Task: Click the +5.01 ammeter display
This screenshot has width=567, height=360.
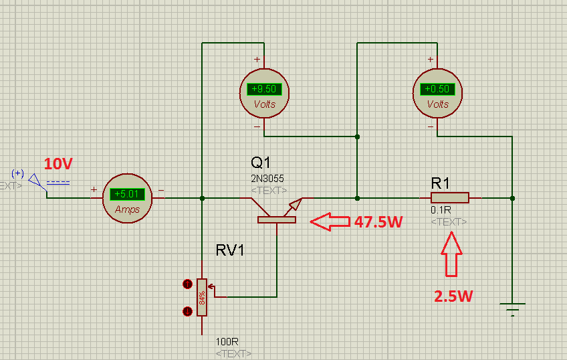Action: click(x=127, y=194)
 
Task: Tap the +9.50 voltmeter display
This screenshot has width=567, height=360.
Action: click(x=264, y=89)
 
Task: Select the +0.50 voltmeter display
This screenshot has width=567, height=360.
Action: click(x=437, y=89)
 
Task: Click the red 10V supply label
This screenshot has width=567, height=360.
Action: click(x=58, y=164)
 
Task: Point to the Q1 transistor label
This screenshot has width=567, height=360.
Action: click(x=261, y=163)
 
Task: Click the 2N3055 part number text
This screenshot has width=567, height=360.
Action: click(x=267, y=179)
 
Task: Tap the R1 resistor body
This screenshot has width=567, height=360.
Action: click(x=450, y=197)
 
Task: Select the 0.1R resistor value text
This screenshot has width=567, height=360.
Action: click(x=441, y=210)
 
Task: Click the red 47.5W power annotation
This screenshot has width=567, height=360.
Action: click(x=378, y=221)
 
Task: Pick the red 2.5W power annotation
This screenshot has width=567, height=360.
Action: click(x=453, y=296)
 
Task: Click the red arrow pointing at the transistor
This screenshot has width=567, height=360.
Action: click(x=330, y=221)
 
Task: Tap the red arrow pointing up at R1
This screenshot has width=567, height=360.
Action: click(x=451, y=254)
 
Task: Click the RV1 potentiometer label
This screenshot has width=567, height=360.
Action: click(x=230, y=250)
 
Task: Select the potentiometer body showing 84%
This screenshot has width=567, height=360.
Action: click(x=202, y=297)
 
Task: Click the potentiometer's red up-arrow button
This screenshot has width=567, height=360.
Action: click(x=187, y=284)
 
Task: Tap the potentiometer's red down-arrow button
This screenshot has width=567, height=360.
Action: click(x=187, y=311)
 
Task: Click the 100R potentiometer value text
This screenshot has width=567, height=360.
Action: click(x=227, y=342)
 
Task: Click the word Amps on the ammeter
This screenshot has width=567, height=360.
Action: click(x=127, y=209)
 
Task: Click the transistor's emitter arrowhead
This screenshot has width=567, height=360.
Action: click(x=296, y=204)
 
